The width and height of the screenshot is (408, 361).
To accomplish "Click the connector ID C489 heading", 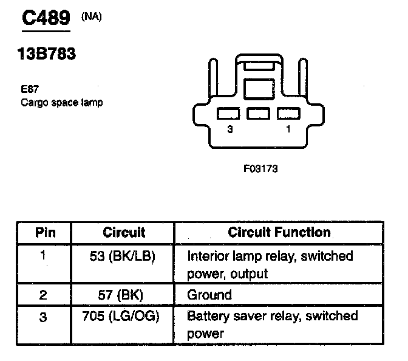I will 46,18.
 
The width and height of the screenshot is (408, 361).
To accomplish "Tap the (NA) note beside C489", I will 91,16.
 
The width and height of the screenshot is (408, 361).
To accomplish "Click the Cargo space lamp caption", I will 61,102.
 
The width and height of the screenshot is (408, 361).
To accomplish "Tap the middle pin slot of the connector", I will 259,113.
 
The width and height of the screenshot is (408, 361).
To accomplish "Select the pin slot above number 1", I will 288,113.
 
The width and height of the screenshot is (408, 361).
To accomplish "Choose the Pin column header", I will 44,232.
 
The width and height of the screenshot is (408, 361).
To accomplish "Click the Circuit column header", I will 124,232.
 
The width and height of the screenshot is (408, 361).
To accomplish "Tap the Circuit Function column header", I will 279,232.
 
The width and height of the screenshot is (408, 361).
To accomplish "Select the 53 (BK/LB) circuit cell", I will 124,256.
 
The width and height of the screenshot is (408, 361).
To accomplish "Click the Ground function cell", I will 209,295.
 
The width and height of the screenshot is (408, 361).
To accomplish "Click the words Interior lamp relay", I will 234,256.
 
